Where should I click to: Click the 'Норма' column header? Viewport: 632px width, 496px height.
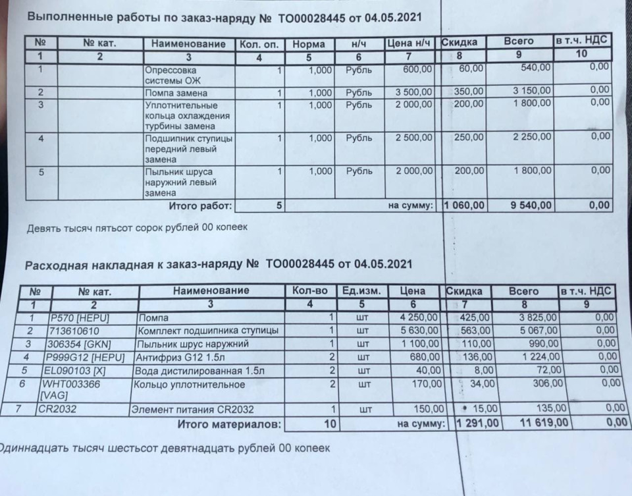tap(308, 44)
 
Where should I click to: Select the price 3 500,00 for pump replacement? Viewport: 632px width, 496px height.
tap(413, 92)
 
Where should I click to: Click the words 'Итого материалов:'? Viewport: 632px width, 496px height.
tap(229, 424)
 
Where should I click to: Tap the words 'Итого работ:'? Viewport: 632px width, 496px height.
tap(200, 206)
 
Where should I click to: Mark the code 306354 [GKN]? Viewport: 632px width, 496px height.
tap(73, 344)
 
